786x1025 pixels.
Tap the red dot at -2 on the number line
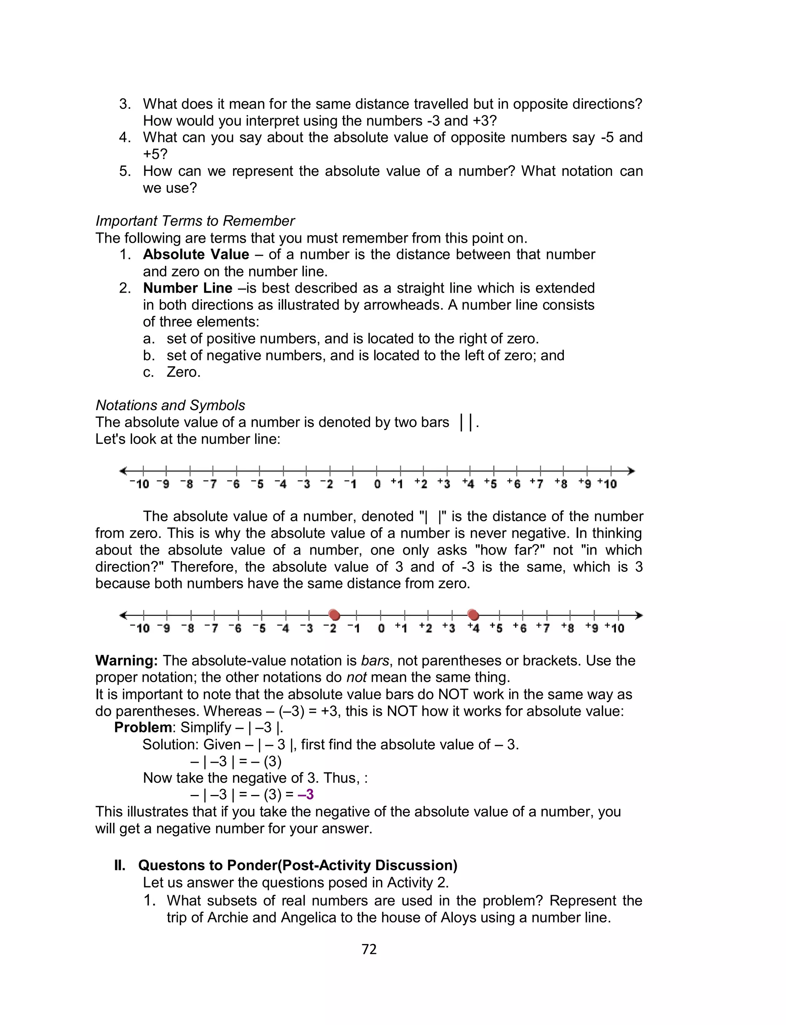tap(334, 614)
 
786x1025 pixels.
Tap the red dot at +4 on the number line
tap(473, 614)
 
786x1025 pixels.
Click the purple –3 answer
tap(305, 795)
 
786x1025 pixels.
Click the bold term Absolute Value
tap(196, 254)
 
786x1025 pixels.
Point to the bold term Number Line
tap(188, 288)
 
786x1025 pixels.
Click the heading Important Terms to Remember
tap(195, 221)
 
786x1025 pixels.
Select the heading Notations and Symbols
tap(170, 405)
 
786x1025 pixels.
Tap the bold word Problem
tap(143, 727)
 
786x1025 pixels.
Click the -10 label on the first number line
tap(139, 484)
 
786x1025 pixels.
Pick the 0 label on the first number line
tap(377, 484)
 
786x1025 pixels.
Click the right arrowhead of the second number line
tap(639, 615)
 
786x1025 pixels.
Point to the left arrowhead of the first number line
tap(124, 470)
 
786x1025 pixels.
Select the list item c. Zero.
tap(183, 372)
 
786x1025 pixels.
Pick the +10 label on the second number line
tap(615, 628)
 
